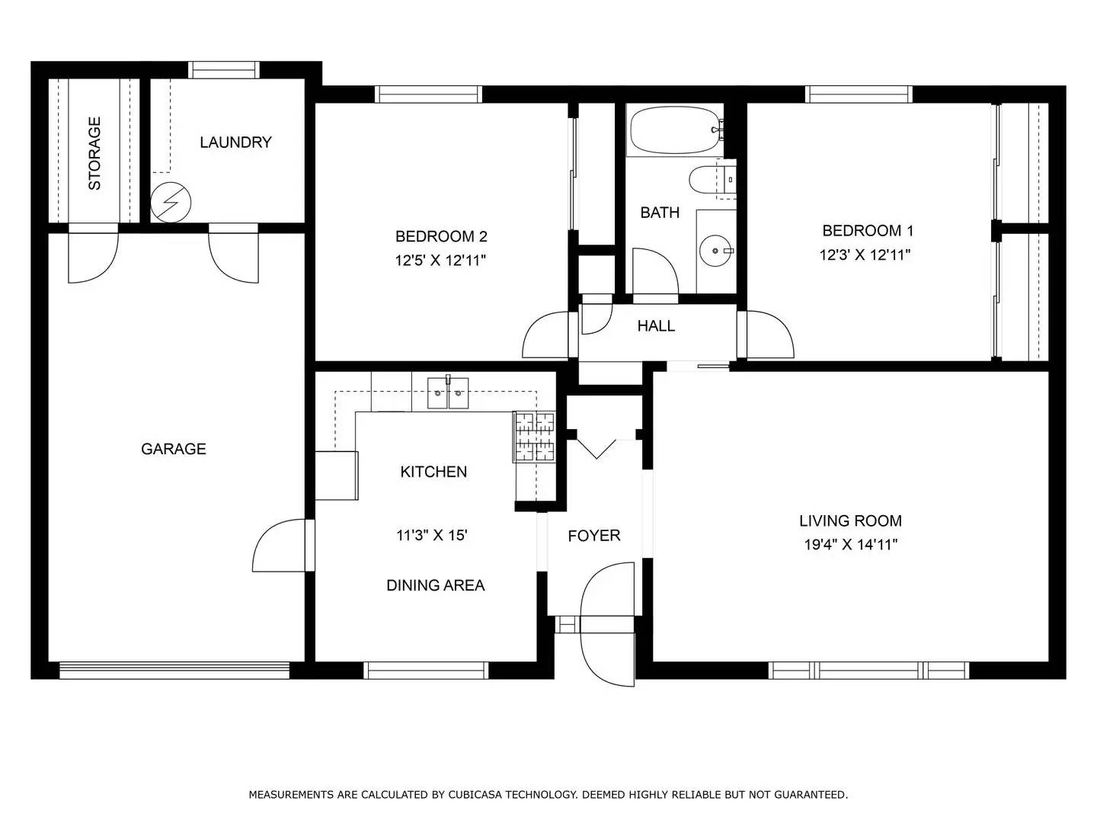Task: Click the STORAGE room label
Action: (x=94, y=153)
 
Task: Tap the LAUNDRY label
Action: (x=235, y=143)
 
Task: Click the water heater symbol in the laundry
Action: (x=171, y=203)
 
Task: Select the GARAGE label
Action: (x=174, y=449)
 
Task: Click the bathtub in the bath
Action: (x=674, y=130)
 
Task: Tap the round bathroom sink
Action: (x=716, y=250)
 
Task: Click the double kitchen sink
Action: (x=448, y=393)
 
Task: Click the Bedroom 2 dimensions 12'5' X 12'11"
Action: (x=440, y=261)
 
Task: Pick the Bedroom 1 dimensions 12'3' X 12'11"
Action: (x=865, y=255)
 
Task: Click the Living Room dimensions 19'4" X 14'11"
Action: (x=851, y=545)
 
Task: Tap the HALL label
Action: (x=656, y=326)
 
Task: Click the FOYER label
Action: (x=594, y=536)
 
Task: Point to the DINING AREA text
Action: (x=435, y=585)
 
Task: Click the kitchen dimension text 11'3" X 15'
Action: (x=432, y=536)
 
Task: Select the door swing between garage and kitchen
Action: (x=280, y=546)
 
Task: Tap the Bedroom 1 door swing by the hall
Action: (x=769, y=335)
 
